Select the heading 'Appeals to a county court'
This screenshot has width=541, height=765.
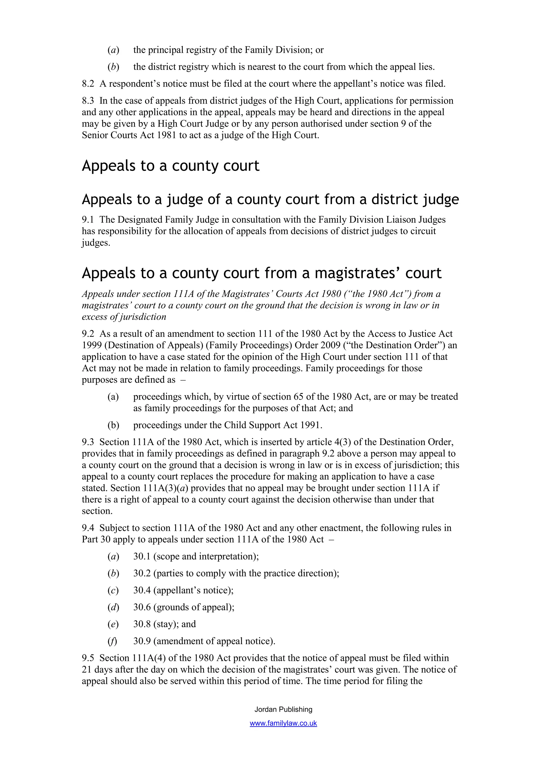[170, 166]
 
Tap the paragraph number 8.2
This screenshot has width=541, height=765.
[88, 84]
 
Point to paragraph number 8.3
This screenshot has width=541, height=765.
[88, 101]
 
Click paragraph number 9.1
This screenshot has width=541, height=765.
[88, 220]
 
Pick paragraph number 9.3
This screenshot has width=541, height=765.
[88, 442]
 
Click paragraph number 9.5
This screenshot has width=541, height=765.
[88, 658]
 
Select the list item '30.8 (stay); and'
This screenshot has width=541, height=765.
[164, 624]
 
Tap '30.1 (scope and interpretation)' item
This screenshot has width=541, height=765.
[196, 556]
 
